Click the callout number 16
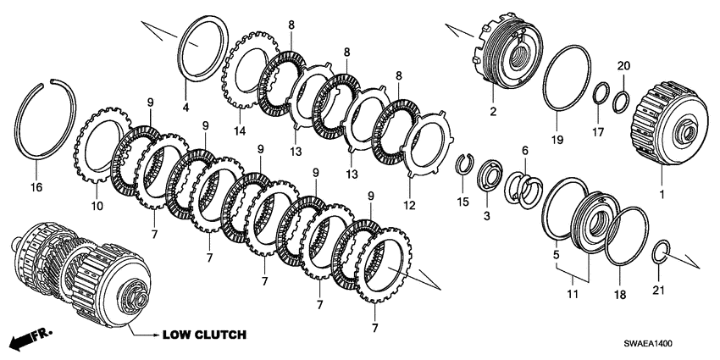pos(36,187)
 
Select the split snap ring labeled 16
pos(19,119)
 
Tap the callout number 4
pos(186,108)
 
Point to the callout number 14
pos(239,131)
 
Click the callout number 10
pos(97,207)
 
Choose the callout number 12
pos(409,205)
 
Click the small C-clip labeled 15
pos(463,165)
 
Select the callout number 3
pos(487,215)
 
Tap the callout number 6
pos(525,150)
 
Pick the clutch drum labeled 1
pos(668,125)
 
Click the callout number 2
pos(493,112)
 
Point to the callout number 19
pos(557,139)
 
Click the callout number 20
pos(623,66)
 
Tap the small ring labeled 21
pos(662,252)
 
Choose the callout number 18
pos(620,296)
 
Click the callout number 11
pos(572,294)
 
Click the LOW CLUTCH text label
pos(204,335)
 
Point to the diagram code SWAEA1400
pos(648,343)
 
